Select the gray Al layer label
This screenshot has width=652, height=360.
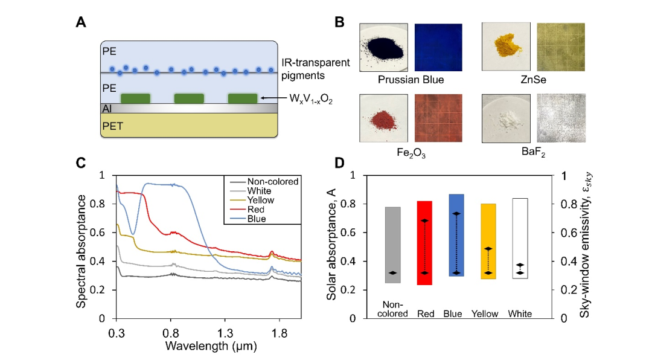(x=107, y=108)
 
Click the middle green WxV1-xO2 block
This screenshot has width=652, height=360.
(x=189, y=98)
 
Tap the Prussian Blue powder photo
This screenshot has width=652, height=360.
(x=384, y=50)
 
